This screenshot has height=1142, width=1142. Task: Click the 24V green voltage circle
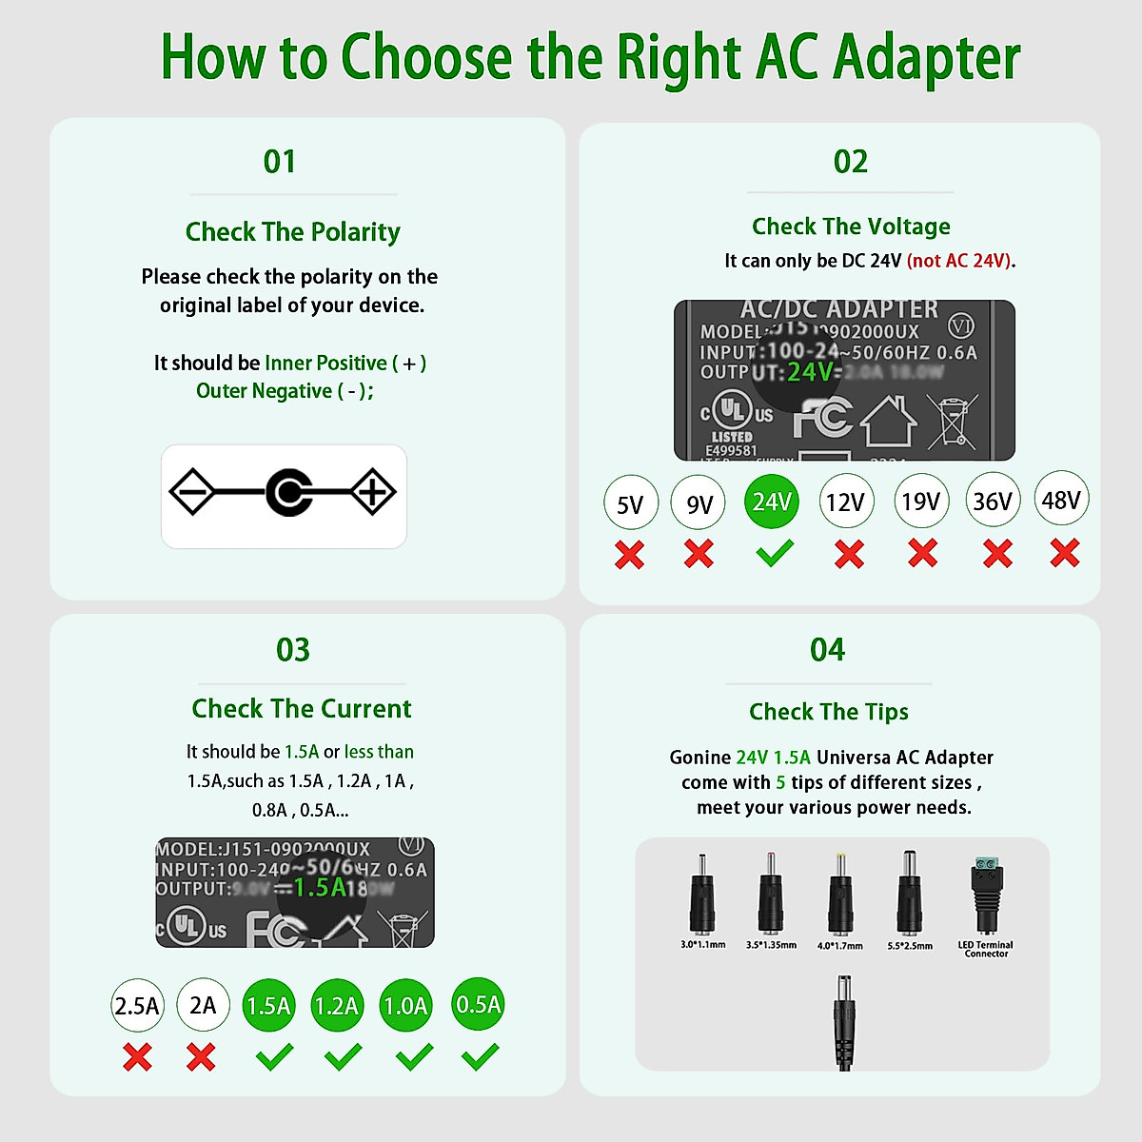pos(771,502)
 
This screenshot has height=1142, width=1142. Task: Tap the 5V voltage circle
pos(630,503)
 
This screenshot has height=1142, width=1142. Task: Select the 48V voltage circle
pos(1061,499)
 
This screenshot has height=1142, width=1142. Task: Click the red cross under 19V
pos(922,553)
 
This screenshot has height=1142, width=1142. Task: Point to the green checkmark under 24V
pos(775,553)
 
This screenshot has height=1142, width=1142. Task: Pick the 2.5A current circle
pos(137,1006)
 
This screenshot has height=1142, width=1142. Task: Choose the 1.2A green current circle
pos(337,1006)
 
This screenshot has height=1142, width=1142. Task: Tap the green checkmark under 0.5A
pos(480,1055)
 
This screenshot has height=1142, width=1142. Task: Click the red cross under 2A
pos(201,1056)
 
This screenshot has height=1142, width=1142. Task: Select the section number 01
pos(280,162)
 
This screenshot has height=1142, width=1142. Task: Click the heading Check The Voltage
pos(851,226)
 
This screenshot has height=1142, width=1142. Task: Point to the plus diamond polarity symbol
pos(372,492)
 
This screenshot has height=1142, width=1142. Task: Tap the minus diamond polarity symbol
pos(193,492)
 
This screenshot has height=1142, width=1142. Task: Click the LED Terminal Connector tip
pos(985,896)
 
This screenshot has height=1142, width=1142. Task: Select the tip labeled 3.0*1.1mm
pos(702,895)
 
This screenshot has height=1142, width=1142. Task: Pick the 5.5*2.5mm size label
pos(910,946)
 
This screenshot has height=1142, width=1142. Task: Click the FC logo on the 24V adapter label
pos(823,418)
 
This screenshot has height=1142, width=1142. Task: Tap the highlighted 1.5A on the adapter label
pos(320,887)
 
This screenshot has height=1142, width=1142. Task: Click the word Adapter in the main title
pos(926,58)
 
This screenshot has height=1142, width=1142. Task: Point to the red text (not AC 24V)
pos(960,261)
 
